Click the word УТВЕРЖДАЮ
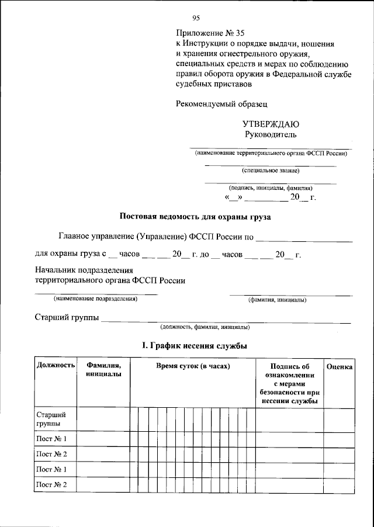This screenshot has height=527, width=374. tap(271, 124)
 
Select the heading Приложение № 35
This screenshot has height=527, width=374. tap(209, 33)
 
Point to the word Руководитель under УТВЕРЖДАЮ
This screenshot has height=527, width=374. tap(271, 134)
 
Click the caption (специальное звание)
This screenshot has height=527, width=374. tap(271, 171)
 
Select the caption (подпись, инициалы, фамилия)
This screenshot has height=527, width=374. tap(271, 188)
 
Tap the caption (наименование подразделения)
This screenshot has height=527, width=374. tap(95, 299)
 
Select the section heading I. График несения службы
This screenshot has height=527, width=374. tap(195, 346)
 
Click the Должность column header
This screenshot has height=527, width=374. tap(56, 366)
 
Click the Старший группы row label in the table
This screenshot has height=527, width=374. tap(50, 418)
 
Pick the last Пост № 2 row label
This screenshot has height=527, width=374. tap(51, 485)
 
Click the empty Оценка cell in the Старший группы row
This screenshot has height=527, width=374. tap(339, 419)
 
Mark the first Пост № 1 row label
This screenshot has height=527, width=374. tap(51, 439)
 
